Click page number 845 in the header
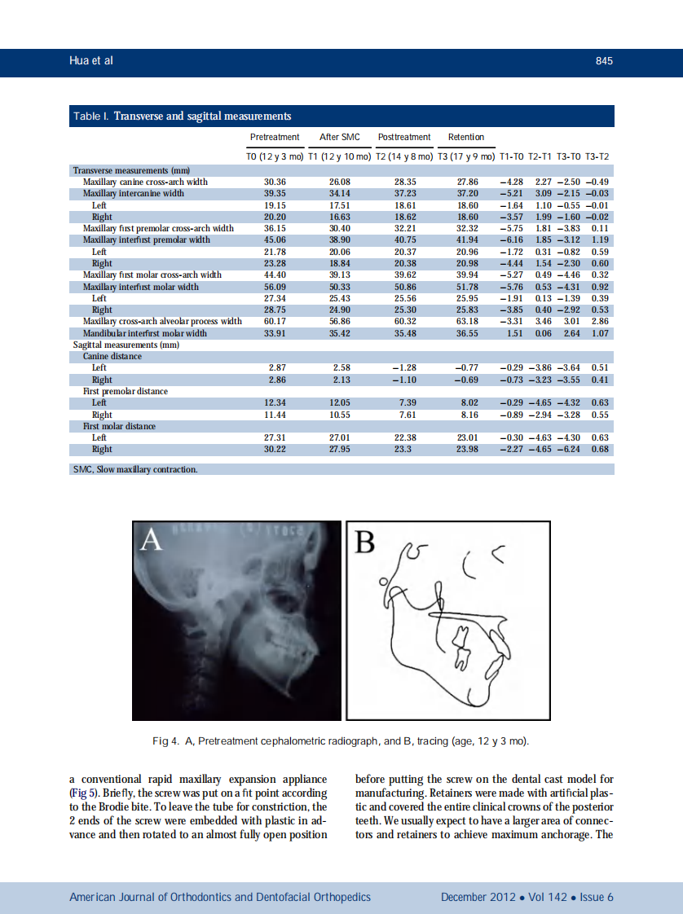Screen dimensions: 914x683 tap(603, 62)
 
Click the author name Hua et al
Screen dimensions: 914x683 tap(90, 62)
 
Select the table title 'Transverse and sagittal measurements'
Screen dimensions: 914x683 tap(202, 116)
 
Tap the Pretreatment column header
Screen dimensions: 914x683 tap(274, 137)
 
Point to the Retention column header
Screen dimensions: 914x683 tap(466, 137)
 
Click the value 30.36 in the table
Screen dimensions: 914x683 tap(275, 182)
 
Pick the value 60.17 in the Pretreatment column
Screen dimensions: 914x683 tap(275, 322)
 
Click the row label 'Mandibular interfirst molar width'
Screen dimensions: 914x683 tap(144, 333)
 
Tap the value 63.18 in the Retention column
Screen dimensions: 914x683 tap(467, 322)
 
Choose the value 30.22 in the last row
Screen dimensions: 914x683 tap(275, 450)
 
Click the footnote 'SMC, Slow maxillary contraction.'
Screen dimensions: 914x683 tap(135, 469)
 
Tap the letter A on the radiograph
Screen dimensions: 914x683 tap(151, 539)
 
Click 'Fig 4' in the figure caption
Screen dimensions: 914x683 tap(166, 741)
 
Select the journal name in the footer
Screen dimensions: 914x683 tap(220, 897)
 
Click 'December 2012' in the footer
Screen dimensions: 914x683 tap(478, 897)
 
